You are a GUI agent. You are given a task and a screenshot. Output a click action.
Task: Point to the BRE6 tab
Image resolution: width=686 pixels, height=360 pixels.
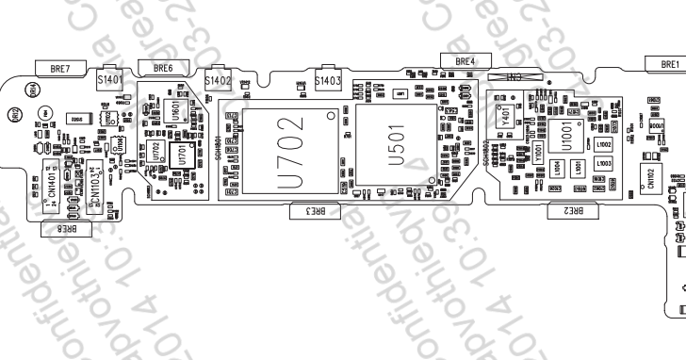click(x=163, y=68)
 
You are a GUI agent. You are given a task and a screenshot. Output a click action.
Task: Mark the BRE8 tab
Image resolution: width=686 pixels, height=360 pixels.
click(x=66, y=226)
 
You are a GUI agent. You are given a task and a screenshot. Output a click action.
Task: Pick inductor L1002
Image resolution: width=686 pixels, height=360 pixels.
click(x=604, y=144)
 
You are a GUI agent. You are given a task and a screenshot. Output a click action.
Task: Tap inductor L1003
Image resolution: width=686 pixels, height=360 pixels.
click(x=604, y=165)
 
